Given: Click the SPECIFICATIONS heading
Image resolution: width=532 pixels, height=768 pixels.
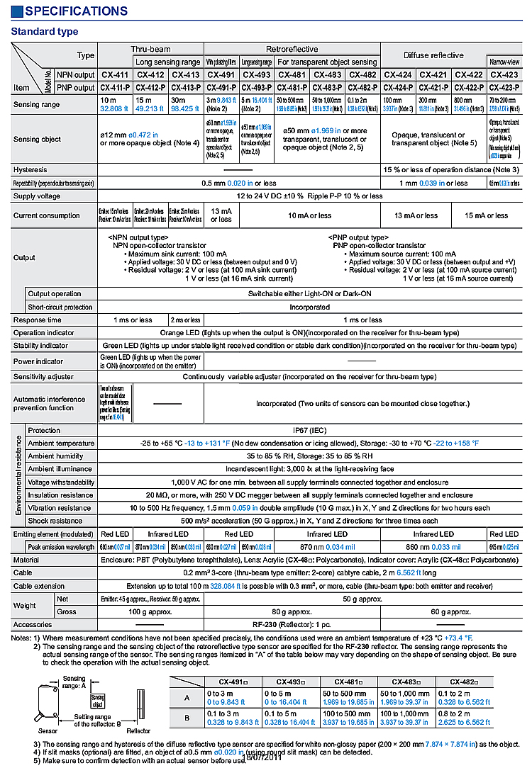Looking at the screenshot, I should pos(70,11).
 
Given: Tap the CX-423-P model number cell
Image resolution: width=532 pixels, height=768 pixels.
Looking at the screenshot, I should pos(504,88).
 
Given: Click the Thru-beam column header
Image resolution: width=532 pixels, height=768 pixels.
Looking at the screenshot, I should pos(150,49).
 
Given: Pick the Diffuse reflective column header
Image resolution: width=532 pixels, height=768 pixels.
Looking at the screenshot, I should pos(433,55).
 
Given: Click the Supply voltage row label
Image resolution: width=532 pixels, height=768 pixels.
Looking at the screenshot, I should pos(37,196).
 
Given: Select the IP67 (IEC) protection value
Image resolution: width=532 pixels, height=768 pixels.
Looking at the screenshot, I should pos(309,430).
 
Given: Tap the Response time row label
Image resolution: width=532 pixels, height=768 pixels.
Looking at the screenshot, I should pos(37,320).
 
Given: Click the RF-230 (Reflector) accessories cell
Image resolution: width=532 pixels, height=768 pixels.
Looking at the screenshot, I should pos(309,625).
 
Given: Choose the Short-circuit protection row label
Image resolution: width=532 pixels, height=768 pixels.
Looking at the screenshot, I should pos(60,307).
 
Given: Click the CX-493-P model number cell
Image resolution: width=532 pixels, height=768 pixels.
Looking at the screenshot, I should pos(256,88).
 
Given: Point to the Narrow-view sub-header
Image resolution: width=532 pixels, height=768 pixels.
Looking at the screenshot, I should pos(504,62).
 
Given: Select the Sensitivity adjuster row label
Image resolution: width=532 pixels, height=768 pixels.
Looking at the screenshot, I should pos(43,377).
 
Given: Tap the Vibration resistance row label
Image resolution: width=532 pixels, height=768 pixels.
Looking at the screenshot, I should pos(60,508).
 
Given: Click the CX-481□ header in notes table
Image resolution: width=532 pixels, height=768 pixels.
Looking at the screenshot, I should pos(348,681).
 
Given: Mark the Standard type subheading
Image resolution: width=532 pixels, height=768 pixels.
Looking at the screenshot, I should pos(45,32).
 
